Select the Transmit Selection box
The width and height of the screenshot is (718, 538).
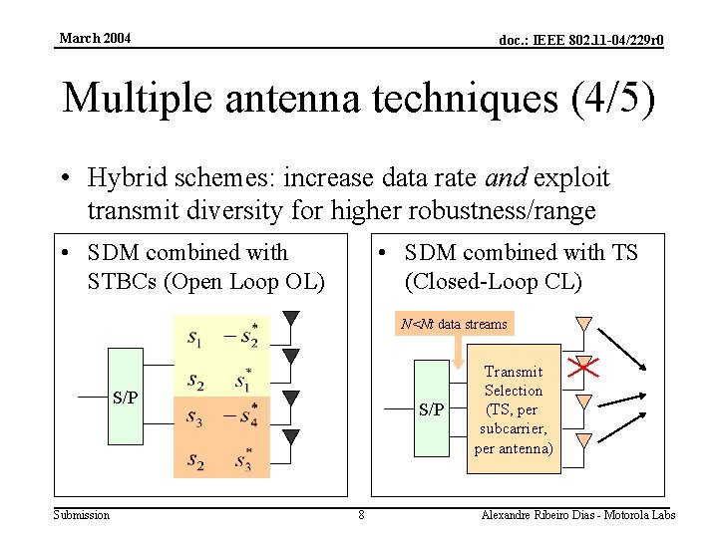point(513,409)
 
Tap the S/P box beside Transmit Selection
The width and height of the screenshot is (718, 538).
point(431,409)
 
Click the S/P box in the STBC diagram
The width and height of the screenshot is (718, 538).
point(125,397)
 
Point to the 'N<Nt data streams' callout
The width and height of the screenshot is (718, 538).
point(454,324)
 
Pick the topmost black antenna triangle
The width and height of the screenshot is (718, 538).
point(290,320)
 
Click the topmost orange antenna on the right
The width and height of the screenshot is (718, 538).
point(584,324)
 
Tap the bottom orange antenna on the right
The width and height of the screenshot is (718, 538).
point(584,439)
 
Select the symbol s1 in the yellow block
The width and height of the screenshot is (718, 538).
point(194,337)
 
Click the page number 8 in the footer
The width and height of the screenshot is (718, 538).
point(361,515)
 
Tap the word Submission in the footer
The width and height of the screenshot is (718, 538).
point(82,515)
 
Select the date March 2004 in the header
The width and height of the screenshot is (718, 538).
point(95,39)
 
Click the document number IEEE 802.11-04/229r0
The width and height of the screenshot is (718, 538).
point(581,41)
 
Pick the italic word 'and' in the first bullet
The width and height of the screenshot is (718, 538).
point(506,178)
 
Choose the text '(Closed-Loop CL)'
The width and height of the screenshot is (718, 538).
point(493,281)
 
